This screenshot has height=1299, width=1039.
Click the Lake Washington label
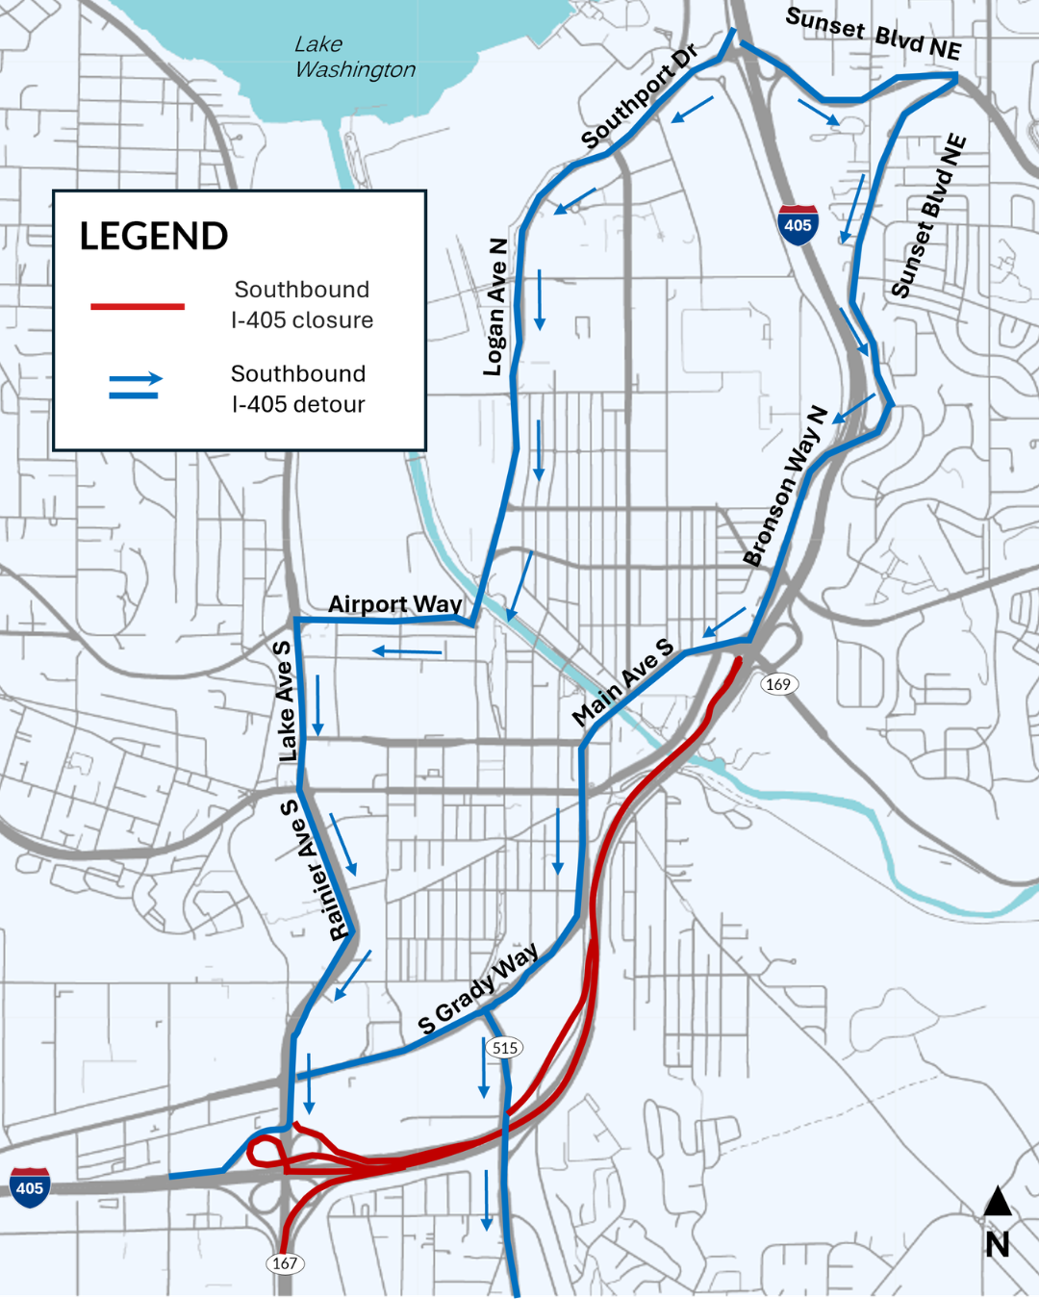click(354, 57)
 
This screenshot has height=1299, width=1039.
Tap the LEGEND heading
click(154, 236)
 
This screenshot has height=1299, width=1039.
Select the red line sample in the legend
click(138, 306)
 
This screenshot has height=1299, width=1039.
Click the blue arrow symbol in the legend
click(136, 387)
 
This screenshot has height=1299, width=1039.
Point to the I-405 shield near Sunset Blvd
click(798, 224)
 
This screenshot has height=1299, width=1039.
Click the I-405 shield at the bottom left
click(30, 1187)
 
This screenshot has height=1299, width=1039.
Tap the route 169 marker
click(777, 684)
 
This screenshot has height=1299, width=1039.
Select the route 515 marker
click(505, 1048)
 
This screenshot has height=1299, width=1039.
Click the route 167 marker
click(285, 1262)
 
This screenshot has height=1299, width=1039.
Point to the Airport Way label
click(394, 604)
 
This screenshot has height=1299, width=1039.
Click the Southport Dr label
click(639, 97)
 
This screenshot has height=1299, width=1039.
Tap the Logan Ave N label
click(495, 307)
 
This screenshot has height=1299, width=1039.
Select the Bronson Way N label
click(785, 486)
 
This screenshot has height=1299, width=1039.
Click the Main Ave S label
click(622, 681)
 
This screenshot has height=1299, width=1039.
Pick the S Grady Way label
click(478, 988)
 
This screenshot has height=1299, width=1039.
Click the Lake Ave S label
click(285, 701)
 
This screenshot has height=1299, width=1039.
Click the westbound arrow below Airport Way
click(408, 652)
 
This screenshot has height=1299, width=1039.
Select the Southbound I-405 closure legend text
click(302, 305)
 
